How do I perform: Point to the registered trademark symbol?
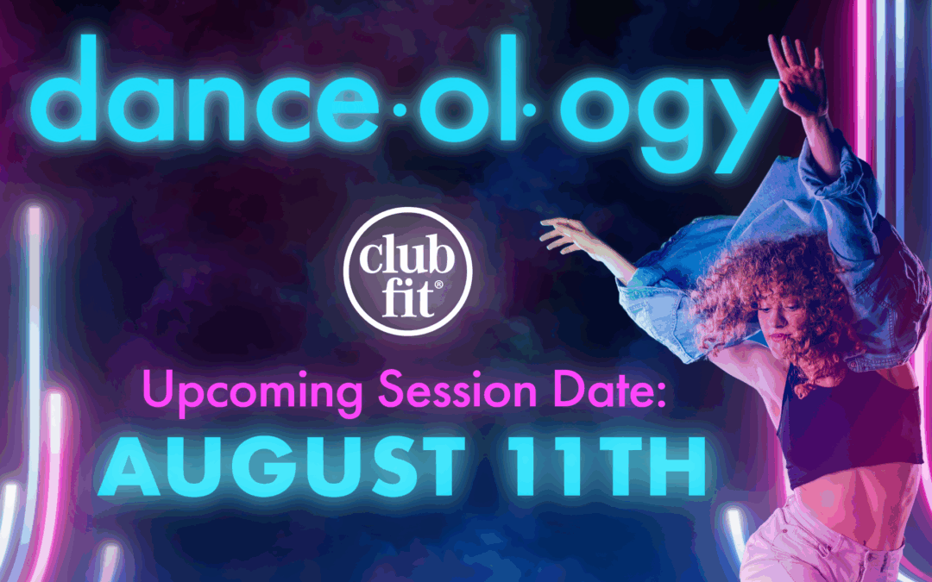point(438,285)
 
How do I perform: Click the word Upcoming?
point(252,392)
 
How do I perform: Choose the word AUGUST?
point(282,466)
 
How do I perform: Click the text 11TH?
point(607,466)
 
